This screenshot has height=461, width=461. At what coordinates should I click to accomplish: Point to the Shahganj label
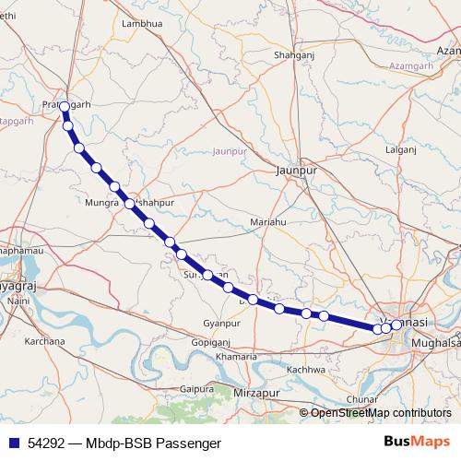295,56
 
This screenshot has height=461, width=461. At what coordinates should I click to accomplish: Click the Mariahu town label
269,222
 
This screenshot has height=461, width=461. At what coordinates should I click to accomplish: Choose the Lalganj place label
401,148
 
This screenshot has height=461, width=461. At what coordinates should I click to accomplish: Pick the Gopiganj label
210,341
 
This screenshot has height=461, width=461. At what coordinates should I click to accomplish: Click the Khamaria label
235,356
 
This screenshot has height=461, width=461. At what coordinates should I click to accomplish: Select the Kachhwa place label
307,370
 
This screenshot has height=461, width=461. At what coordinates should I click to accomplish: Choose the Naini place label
18,301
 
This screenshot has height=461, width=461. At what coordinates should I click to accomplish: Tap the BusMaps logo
416,443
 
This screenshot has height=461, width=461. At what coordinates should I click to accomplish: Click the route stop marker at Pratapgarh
64,107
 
